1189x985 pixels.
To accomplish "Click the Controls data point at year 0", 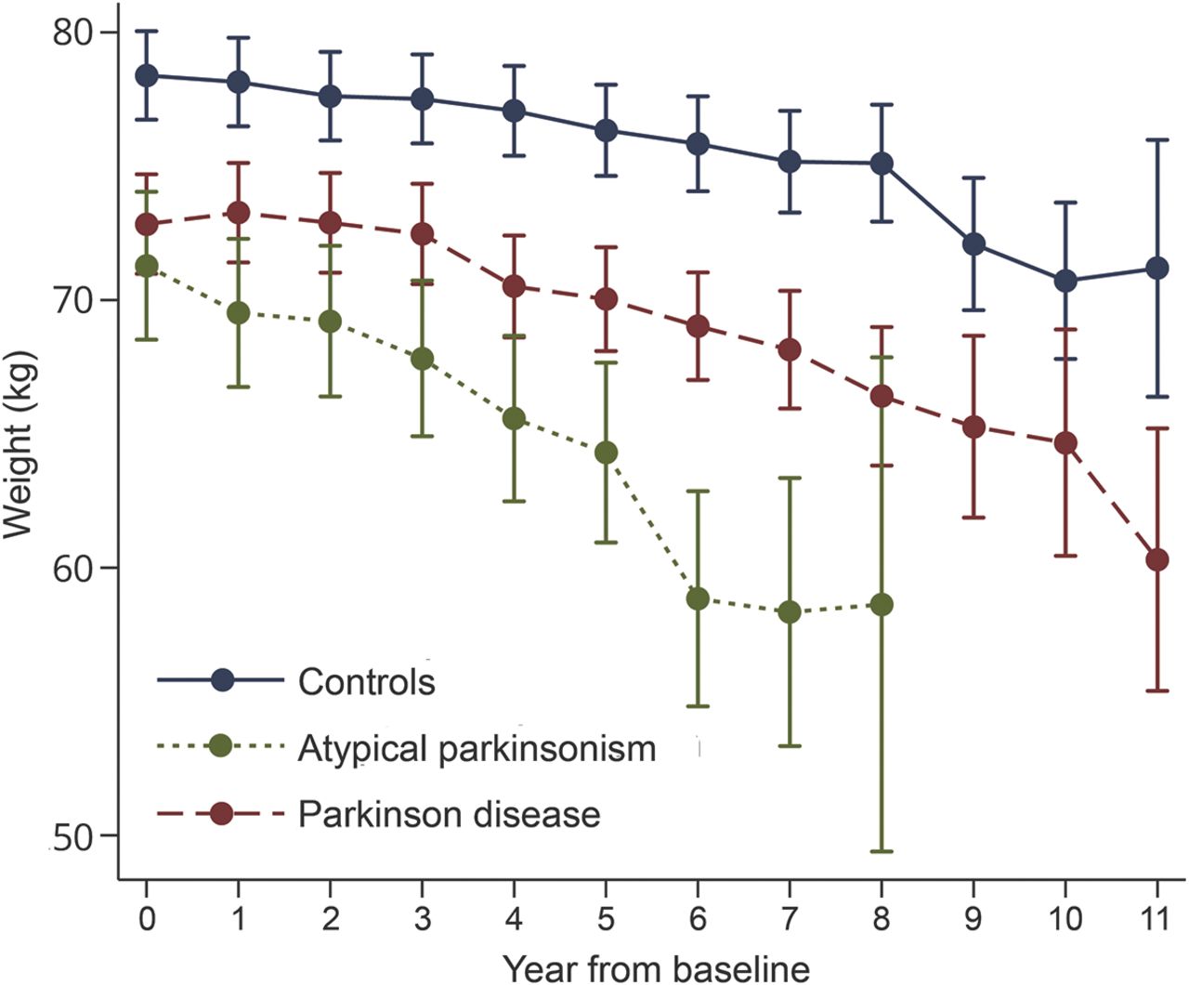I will [x=147, y=75].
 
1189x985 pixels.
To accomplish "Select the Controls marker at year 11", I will [x=1157, y=269].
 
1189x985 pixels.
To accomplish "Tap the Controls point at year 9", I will [x=973, y=244].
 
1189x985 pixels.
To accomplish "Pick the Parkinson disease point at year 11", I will [x=1157, y=559].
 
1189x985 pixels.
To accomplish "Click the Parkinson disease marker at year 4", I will [x=514, y=286].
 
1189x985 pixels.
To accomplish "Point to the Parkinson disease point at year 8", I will [x=882, y=397].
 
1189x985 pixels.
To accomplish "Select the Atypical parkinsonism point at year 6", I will [x=698, y=598].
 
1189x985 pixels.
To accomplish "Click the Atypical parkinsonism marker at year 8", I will [x=882, y=605].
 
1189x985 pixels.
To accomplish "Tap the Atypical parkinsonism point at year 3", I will [x=422, y=359].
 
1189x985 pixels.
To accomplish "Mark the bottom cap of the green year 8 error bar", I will [x=882, y=851].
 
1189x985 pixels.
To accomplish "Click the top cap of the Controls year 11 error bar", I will [x=1157, y=139].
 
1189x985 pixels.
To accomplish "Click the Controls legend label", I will [x=366, y=682].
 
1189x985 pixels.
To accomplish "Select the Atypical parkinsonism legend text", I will [x=477, y=748].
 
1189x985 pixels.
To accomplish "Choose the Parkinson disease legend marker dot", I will [x=222, y=814].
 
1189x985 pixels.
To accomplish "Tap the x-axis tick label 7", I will [x=790, y=920].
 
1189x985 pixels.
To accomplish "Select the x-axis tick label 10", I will [x=1065, y=920].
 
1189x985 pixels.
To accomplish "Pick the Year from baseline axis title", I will [x=656, y=968].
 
